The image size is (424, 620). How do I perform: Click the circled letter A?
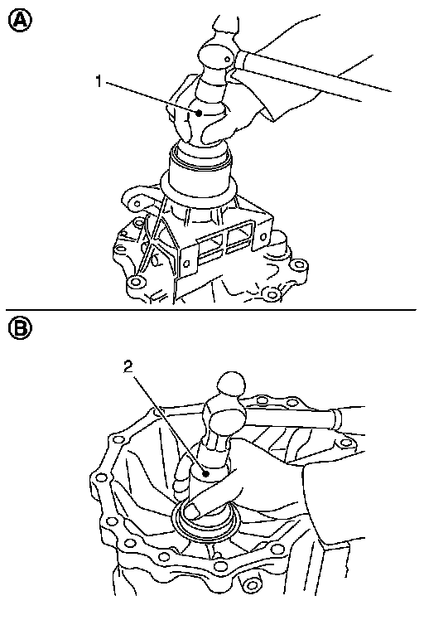pos(20,21)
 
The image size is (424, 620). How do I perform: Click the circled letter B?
pos(20,328)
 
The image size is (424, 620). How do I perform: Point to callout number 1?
pos(99,81)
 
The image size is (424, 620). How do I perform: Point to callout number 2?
pos(128,367)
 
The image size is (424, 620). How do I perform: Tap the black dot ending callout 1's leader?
pos(199,113)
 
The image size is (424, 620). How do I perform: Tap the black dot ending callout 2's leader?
pos(205,473)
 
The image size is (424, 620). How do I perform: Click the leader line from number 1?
pos(152,98)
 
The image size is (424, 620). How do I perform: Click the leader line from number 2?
pos(171,424)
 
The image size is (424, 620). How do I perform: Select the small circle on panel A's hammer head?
pos(227,60)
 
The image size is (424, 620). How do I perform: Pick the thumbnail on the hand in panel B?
pos(192,511)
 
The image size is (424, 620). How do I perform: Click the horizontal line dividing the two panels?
pos(210,310)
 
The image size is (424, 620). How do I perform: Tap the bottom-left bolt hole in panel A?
pos(136,282)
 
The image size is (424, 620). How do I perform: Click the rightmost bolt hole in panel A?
pos(299,264)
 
